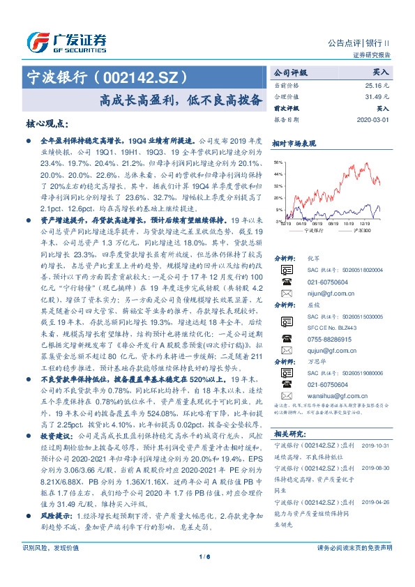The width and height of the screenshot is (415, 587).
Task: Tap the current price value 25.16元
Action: [x=377, y=84]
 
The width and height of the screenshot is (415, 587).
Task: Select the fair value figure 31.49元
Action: [x=377, y=96]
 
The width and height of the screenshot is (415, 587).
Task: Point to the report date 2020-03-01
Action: [x=375, y=119]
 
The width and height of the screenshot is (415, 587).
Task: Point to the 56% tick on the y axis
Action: [x=278, y=160]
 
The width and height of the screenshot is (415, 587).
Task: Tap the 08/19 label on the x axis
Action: [x=317, y=224]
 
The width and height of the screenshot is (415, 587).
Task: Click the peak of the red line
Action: [x=368, y=163]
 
